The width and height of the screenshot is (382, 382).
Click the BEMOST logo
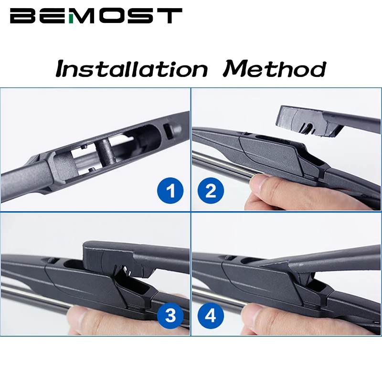click(x=96, y=16)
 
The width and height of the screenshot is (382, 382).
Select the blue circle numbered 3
click(x=170, y=315)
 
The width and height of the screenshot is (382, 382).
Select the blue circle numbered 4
click(x=211, y=315)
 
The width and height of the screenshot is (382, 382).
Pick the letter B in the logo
click(x=21, y=16)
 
